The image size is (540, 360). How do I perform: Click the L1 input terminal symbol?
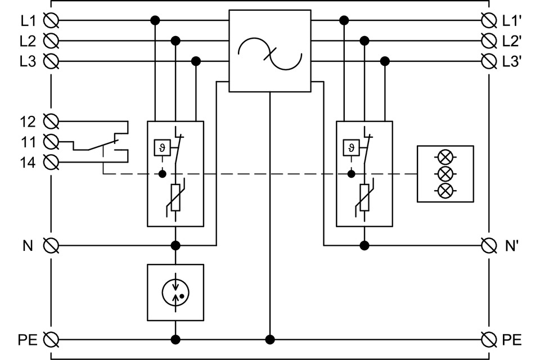51,21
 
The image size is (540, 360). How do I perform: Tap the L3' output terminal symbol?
489,61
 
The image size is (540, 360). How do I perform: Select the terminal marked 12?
51,121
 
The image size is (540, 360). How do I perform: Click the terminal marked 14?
51,163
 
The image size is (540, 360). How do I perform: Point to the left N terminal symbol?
51,245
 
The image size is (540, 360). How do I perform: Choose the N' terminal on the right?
489,245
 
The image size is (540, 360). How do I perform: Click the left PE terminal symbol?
51,339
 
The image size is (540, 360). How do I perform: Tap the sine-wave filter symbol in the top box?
269,51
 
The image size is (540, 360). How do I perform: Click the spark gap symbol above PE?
175,292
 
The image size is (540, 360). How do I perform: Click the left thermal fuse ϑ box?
163,148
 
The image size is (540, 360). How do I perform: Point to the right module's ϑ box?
352,148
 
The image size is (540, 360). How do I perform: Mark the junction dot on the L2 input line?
175,41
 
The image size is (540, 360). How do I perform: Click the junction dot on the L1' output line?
344,21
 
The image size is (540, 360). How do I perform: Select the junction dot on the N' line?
364,245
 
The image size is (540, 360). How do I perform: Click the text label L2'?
512,41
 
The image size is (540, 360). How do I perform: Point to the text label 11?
28,142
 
